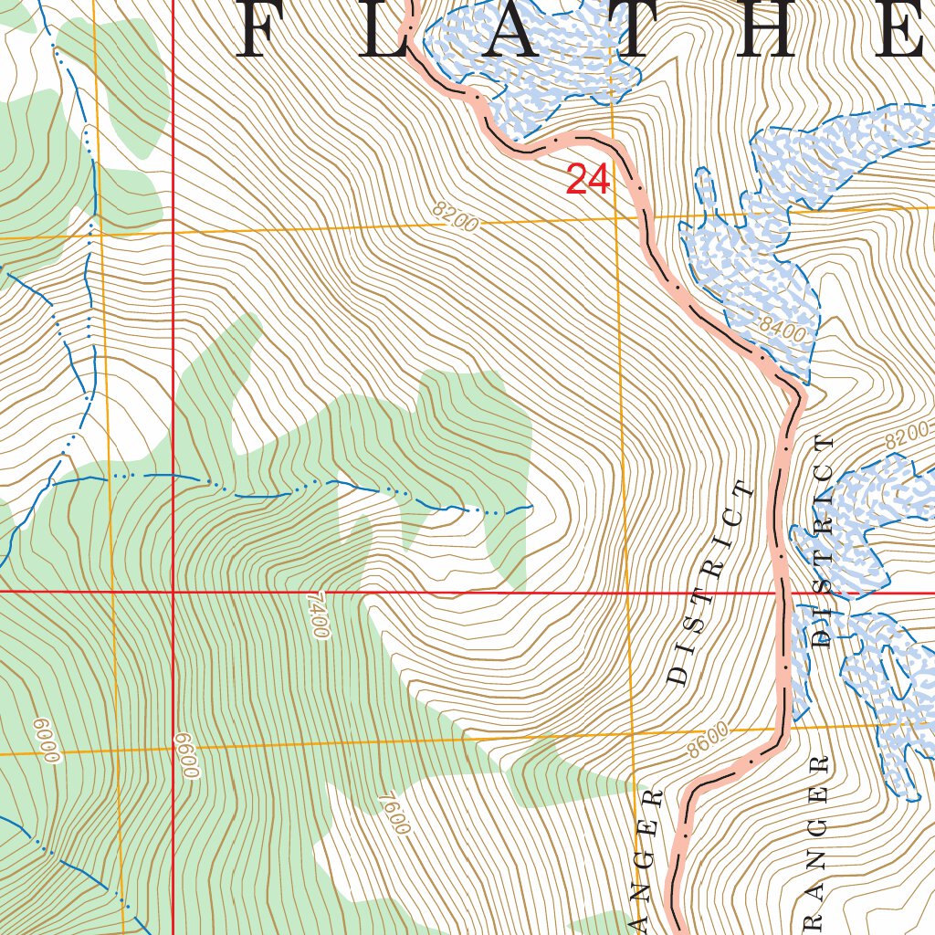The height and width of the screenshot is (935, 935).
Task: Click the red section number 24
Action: pos(587,179)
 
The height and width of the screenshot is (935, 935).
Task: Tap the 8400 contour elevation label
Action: pos(783,329)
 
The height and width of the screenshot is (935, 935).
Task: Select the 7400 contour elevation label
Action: pos(317,615)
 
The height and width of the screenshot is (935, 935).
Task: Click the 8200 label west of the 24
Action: pos(456,217)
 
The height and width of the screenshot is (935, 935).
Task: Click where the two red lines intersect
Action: pos(173,592)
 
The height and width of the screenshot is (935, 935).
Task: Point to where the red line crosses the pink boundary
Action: pos(783,592)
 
